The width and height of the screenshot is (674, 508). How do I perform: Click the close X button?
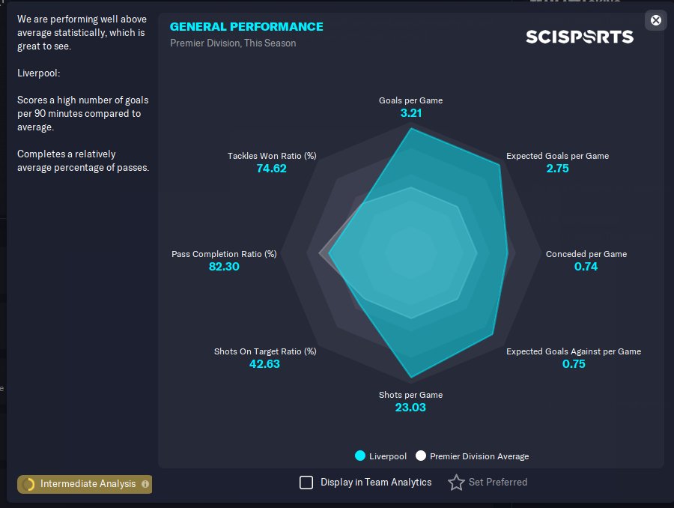[x=655, y=20]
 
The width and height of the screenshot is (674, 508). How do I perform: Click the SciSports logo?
[x=580, y=37]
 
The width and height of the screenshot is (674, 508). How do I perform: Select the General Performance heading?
[x=246, y=27]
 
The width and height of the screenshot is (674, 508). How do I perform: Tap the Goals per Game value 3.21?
[x=411, y=113]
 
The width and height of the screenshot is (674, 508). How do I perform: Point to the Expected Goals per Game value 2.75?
[x=557, y=169]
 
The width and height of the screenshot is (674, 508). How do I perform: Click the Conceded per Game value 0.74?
[x=586, y=267]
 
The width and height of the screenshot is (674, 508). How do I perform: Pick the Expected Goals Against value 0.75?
[x=574, y=364]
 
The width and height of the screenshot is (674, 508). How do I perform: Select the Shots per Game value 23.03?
[x=410, y=408]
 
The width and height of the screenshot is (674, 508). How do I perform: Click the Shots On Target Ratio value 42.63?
[x=264, y=364]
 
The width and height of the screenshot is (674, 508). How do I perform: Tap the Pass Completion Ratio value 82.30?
[x=224, y=267]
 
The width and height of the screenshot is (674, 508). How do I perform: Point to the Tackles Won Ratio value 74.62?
[x=271, y=169]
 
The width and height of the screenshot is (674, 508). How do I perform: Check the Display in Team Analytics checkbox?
[x=306, y=483]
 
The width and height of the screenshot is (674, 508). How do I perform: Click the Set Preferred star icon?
[x=457, y=483]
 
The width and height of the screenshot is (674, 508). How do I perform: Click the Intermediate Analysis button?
[x=85, y=484]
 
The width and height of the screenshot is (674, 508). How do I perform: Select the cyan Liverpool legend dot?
[x=360, y=456]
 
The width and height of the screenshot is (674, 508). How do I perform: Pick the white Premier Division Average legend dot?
[x=421, y=456]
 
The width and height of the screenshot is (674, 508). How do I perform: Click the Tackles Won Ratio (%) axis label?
[x=272, y=156]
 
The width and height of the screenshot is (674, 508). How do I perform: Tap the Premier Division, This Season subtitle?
[x=233, y=43]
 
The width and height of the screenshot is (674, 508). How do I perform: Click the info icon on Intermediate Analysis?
[x=145, y=484]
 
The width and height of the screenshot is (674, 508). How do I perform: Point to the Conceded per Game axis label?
[x=586, y=254]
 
